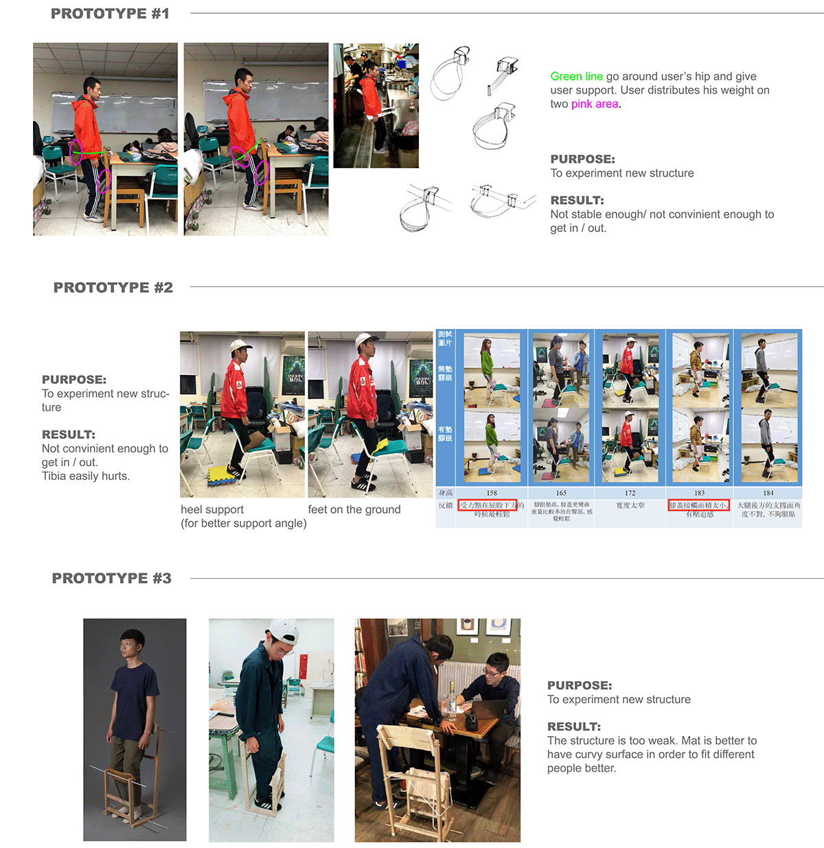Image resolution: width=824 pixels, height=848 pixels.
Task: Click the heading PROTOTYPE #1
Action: coord(110,14)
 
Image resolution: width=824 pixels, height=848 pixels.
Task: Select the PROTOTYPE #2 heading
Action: coord(113,288)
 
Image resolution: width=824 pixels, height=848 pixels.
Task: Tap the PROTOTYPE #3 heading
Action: coord(112,578)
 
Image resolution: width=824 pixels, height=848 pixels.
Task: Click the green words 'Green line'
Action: coord(576,77)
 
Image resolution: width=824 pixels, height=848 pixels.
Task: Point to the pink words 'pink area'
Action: coord(595,104)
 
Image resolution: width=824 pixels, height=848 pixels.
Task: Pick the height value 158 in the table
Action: coord(492,493)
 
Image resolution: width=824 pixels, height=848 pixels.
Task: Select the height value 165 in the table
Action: coord(561,493)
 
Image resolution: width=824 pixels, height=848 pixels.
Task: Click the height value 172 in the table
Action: coord(630,493)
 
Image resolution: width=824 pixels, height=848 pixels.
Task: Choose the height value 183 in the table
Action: coord(699,493)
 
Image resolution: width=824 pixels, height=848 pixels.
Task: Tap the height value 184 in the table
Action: coord(768,493)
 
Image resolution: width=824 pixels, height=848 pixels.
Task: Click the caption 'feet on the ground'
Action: coord(354,509)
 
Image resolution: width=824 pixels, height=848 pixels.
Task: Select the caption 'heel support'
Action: coord(212,509)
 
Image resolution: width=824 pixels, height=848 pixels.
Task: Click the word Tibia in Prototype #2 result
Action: coord(55,477)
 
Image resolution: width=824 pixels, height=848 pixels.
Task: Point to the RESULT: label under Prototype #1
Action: coord(577,200)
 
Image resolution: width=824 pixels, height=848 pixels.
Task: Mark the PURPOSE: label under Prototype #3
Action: coord(579,685)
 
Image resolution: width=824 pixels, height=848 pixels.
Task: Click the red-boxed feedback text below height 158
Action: coord(488,505)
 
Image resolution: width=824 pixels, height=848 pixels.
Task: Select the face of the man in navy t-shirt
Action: coord(131,645)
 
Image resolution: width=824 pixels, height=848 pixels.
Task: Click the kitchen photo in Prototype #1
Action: coord(376,106)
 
